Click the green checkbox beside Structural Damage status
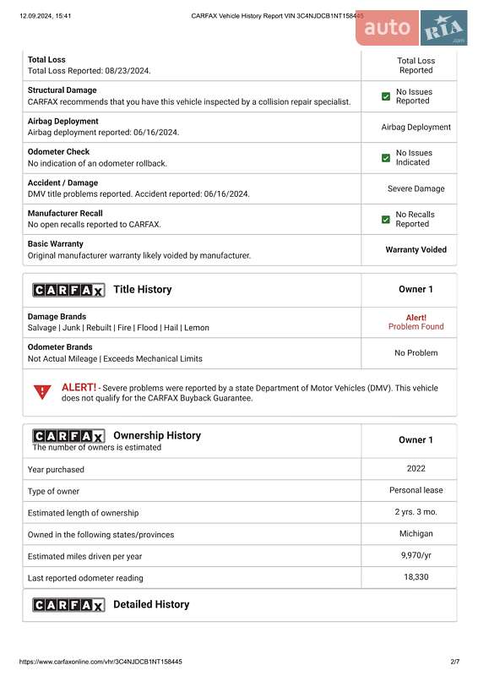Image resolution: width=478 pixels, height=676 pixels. [x=386, y=97]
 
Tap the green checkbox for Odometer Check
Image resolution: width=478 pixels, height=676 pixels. [x=386, y=158]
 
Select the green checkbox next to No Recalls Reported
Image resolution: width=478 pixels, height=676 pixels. [x=386, y=220]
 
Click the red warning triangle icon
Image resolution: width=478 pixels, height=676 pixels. [x=41, y=392]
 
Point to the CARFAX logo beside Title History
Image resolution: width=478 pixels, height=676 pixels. [x=68, y=290]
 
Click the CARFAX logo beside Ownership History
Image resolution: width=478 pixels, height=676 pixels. [x=68, y=436]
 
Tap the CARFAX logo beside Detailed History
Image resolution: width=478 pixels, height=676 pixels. [x=68, y=605]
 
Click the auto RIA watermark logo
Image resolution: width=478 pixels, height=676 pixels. [x=411, y=30]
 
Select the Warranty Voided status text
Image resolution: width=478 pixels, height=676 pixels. [x=416, y=250]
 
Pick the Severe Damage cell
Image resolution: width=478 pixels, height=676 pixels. [x=416, y=189]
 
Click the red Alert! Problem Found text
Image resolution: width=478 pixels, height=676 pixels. [x=416, y=322]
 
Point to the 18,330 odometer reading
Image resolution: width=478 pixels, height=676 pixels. [x=416, y=577]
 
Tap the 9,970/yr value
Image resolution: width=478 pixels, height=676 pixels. [x=416, y=555]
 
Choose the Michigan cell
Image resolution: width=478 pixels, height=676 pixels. [x=416, y=534]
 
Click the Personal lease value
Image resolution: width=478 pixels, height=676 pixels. [x=416, y=490]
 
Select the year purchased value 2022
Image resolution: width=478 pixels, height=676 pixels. [x=416, y=468]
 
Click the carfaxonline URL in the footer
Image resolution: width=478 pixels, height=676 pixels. [x=100, y=662]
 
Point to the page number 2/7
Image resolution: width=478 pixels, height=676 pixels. [x=454, y=662]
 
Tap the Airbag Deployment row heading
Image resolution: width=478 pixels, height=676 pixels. [x=62, y=122]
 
